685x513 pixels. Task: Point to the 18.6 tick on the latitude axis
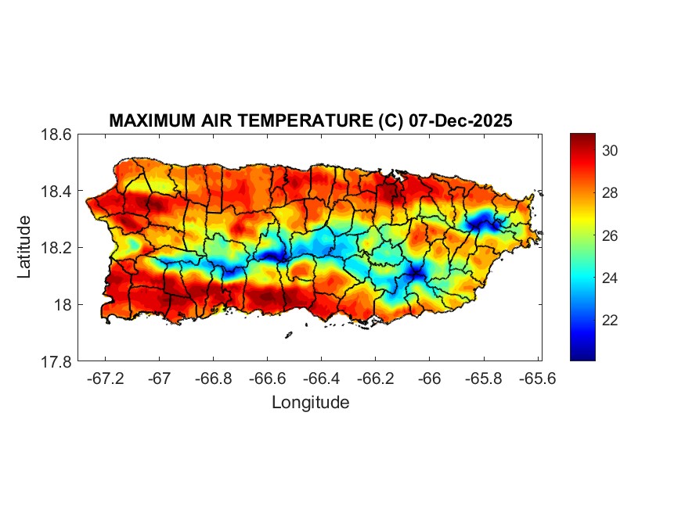click(57, 135)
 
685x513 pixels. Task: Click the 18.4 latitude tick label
click(57, 192)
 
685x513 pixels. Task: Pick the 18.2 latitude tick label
click(57, 248)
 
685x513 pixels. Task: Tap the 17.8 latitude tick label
click(57, 361)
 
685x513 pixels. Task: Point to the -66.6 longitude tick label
click(267, 378)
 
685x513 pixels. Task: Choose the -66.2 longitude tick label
click(375, 378)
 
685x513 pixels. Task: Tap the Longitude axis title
click(310, 403)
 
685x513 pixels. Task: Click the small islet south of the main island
click(288, 335)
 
